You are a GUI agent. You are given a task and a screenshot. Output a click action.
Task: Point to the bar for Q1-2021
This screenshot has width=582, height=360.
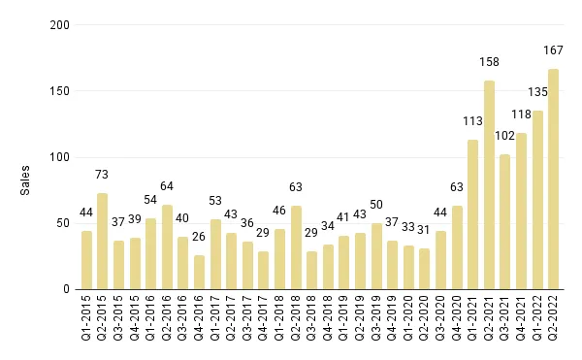[x=472, y=214]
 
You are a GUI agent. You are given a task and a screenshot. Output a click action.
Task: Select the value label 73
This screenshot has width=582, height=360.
[x=102, y=174]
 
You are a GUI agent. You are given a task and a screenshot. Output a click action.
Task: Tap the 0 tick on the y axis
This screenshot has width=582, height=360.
[x=66, y=289]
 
